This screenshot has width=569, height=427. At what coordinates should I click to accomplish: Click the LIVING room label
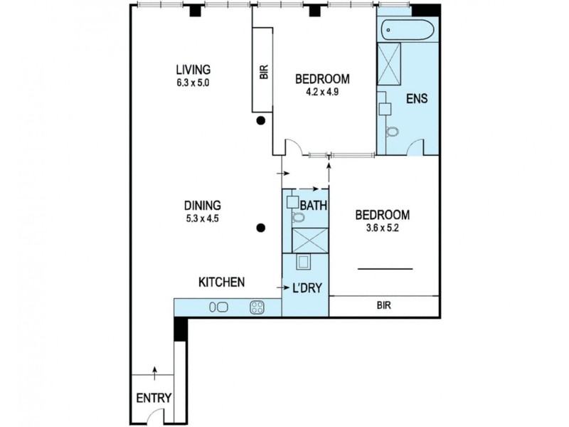click(193, 69)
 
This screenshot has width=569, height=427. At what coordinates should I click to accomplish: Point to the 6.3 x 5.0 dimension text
click(193, 82)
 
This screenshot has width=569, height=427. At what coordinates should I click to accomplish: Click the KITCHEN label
click(221, 283)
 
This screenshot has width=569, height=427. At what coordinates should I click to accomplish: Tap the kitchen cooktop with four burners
click(257, 308)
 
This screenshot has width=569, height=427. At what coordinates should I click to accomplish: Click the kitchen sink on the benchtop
click(218, 308)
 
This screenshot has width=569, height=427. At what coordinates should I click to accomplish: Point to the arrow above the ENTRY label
click(154, 371)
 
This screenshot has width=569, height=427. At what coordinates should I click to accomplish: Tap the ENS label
click(416, 99)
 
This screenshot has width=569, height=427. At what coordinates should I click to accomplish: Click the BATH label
click(313, 206)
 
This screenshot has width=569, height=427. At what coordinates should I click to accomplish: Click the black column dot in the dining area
click(262, 228)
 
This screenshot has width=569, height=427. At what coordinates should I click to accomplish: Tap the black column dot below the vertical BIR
click(262, 121)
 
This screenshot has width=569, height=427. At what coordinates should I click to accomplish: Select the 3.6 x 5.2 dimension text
click(383, 228)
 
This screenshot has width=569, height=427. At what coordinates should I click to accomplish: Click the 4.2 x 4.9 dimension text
click(322, 91)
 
